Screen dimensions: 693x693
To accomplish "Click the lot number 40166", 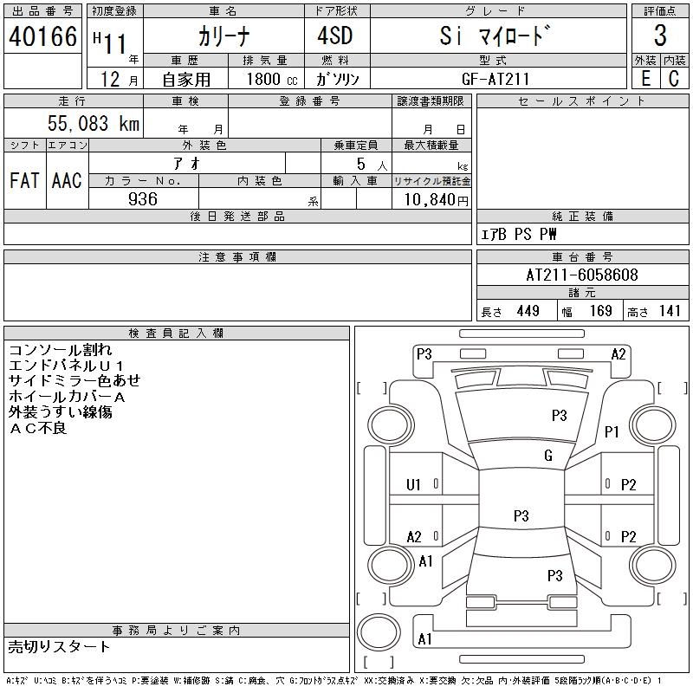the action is pyautogui.click(x=42, y=36).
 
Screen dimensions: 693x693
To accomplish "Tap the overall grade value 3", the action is pyautogui.click(x=660, y=36).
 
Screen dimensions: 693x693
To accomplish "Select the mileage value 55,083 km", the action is pyautogui.click(x=94, y=123).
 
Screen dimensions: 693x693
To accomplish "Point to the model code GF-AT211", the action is pyautogui.click(x=495, y=79).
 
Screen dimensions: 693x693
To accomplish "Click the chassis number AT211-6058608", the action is pyautogui.click(x=582, y=275).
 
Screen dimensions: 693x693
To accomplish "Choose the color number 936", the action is pyautogui.click(x=143, y=199).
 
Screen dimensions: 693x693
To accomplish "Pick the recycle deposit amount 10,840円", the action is pyautogui.click(x=437, y=200).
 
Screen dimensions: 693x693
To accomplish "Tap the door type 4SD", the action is pyautogui.click(x=335, y=36).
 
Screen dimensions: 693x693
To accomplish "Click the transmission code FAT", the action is pyautogui.click(x=24, y=180).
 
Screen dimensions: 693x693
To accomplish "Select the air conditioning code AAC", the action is pyautogui.click(x=67, y=180).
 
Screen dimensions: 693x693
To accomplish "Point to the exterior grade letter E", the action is pyautogui.click(x=645, y=79).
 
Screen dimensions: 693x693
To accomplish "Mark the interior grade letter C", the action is pyautogui.click(x=674, y=79).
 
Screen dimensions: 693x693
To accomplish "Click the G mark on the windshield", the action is pyautogui.click(x=548, y=456).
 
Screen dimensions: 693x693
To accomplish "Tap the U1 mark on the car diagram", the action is pyautogui.click(x=413, y=485).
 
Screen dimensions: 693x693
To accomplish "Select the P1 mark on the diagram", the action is pyautogui.click(x=612, y=431).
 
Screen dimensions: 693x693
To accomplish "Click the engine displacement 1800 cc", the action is pyautogui.click(x=272, y=79).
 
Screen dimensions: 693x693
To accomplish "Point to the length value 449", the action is pyautogui.click(x=528, y=311).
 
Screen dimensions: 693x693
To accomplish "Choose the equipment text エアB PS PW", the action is pyautogui.click(x=518, y=234).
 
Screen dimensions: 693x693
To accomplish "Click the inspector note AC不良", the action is pyautogui.click(x=37, y=428).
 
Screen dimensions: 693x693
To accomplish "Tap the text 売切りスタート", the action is pyautogui.click(x=59, y=647).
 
